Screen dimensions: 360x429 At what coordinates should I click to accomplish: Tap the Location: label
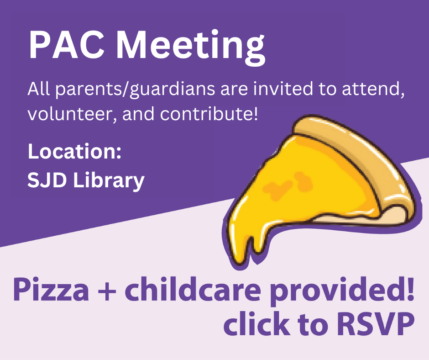[74, 151]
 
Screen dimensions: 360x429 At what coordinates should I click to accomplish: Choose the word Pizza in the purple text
[51, 290]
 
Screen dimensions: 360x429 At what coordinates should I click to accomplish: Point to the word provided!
[342, 291]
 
